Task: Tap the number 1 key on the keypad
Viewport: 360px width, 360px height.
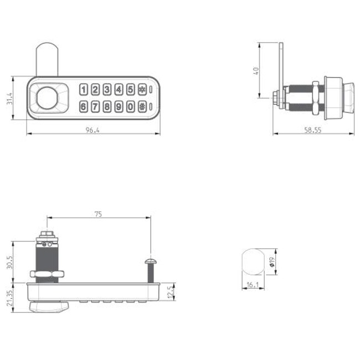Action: pyautogui.click(x=84, y=90)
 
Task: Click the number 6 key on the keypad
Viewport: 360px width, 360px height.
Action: pyautogui.click(x=84, y=107)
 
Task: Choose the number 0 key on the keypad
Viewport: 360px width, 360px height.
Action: pyautogui.click(x=130, y=107)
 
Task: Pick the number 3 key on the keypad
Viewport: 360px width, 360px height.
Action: pyautogui.click(x=107, y=90)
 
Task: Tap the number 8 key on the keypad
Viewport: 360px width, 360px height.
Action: pyautogui.click(x=107, y=107)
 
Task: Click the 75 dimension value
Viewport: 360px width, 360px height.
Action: pyautogui.click(x=99, y=213)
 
